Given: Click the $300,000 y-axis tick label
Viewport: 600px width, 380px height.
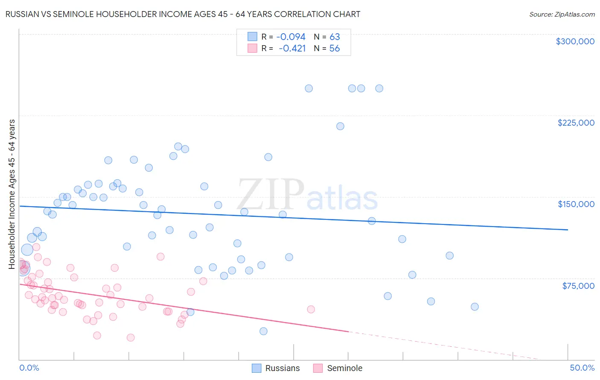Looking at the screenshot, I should [575, 41].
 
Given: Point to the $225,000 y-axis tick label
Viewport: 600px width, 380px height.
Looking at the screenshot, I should [576, 123].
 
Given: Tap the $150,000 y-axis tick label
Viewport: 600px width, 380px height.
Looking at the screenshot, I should [576, 204].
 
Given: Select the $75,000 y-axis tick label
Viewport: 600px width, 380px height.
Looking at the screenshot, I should [578, 286].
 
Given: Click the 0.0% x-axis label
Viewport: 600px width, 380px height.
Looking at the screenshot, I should [29, 368].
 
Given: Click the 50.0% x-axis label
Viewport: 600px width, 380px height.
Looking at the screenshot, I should [582, 368].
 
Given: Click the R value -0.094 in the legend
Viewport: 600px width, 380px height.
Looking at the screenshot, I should [291, 37].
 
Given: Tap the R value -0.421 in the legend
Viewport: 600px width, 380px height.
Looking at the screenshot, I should [292, 49].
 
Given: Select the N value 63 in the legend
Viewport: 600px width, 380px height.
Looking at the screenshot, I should [335, 37].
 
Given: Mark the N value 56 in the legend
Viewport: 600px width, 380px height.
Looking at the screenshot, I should [335, 49].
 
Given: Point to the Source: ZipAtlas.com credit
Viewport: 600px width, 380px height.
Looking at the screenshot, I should [562, 14].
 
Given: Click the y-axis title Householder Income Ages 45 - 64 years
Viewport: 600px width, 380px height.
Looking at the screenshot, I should [12, 194].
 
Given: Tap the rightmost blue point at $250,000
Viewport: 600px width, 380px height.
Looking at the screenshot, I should [379, 89].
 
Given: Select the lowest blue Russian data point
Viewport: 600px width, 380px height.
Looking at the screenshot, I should [263, 331].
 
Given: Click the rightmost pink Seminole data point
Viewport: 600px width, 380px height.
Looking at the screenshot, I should [311, 309].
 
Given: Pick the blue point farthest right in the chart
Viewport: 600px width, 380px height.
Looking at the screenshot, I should [475, 307].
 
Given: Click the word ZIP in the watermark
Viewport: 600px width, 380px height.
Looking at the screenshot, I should [271, 195].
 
